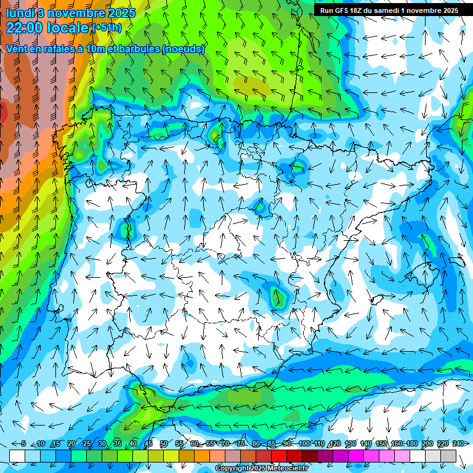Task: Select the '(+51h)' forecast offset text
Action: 107,28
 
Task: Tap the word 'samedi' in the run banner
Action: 387,10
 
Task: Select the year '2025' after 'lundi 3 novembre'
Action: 121,12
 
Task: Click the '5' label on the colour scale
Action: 23,443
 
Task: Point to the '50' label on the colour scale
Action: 163,443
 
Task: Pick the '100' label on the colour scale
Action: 304,443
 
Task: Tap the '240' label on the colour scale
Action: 458,443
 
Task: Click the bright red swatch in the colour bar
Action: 279,455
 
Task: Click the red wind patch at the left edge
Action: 3,112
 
